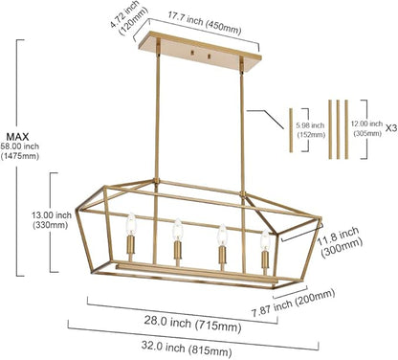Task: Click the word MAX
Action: coord(17,137)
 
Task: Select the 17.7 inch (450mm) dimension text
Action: coord(205,24)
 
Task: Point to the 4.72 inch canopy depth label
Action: coord(128,17)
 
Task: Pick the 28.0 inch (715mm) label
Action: coord(192,324)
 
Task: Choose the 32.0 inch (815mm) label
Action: coord(187,348)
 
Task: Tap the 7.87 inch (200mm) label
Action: coord(294,303)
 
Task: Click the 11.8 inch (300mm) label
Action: coord(340,242)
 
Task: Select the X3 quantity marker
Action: coord(391,128)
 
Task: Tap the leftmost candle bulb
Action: coord(131,222)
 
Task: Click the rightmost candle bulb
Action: coord(265,239)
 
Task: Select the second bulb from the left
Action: coord(178,229)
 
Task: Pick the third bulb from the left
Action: coord(222,235)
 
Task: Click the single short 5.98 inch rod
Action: coord(291,130)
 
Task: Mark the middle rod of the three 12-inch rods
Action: coord(338,129)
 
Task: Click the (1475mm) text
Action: coord(20,156)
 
